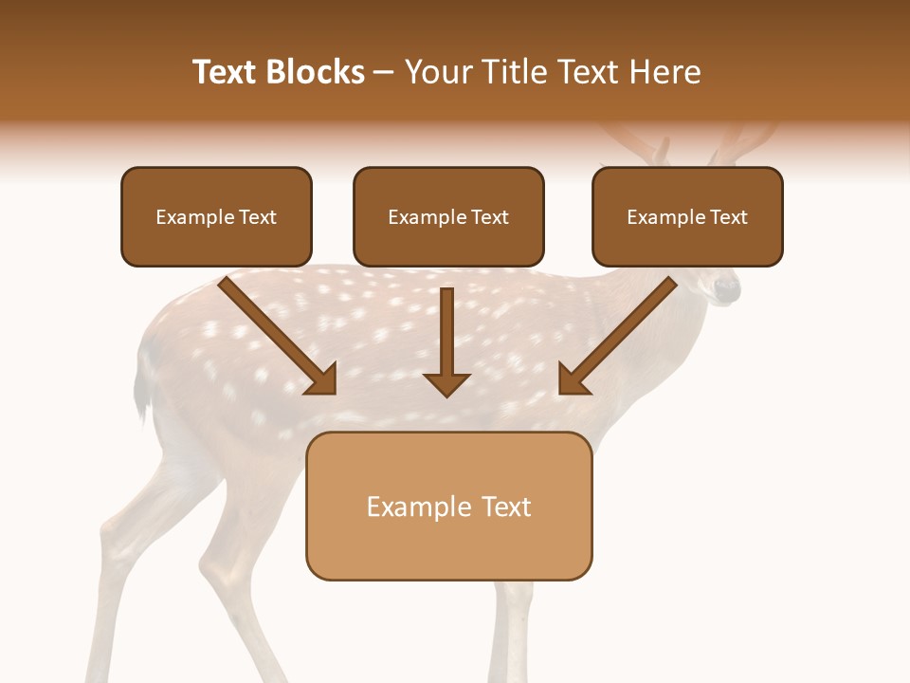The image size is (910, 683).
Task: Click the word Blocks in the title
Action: [x=318, y=72]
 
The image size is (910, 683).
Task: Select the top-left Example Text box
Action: [x=216, y=217]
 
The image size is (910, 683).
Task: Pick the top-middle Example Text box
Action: [x=448, y=217]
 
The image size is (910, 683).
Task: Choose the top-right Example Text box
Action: [x=687, y=217]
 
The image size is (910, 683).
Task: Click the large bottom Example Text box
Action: [x=448, y=507]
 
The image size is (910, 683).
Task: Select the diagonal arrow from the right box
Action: [x=617, y=336]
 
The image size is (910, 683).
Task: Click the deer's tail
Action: [x=142, y=389]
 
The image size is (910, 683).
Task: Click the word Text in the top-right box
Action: [x=728, y=217]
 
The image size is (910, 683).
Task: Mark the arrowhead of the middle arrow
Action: [x=446, y=383]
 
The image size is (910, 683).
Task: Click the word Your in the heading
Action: [x=438, y=72]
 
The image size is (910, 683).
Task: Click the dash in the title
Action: [x=385, y=73]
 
